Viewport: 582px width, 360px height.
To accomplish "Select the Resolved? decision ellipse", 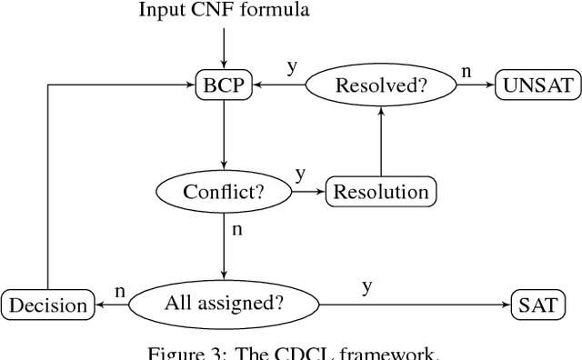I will [380, 86].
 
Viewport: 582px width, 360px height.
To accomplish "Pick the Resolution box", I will [380, 192].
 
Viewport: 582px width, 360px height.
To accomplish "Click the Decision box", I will [48, 305].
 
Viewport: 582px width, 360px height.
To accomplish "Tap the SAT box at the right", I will [537, 305].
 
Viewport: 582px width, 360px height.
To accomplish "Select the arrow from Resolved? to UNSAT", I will [475, 86].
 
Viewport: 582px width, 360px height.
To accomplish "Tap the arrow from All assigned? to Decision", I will [112, 305].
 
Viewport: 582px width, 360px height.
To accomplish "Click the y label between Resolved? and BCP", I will [291, 67].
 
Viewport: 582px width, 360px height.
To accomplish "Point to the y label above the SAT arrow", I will [366, 286].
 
